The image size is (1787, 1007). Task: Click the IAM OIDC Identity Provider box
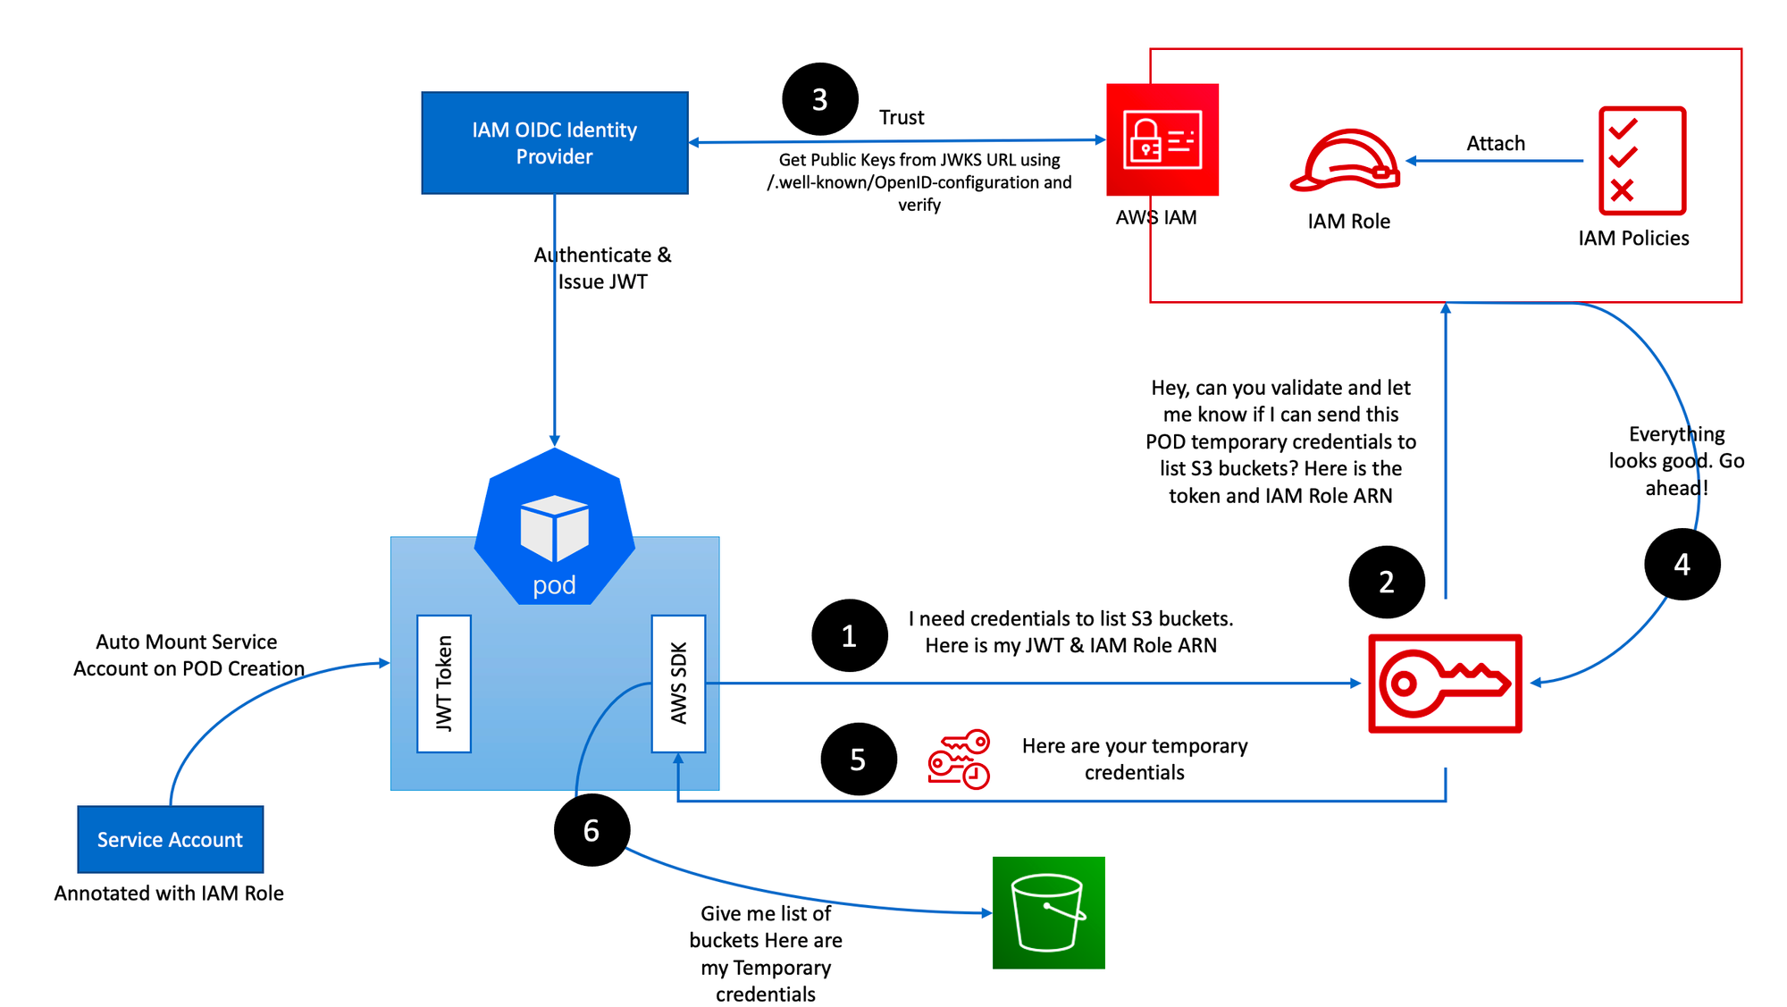pyautogui.click(x=555, y=143)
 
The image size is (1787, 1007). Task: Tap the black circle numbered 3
pyautogui.click(x=819, y=99)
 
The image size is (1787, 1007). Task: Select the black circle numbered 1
pyautogui.click(x=850, y=635)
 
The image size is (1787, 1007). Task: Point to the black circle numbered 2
pyautogui.click(x=1387, y=582)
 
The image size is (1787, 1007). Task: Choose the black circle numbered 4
pyautogui.click(x=1682, y=564)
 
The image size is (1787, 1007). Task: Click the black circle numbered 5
pyautogui.click(x=859, y=759)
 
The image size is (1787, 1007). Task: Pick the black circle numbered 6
pyautogui.click(x=591, y=830)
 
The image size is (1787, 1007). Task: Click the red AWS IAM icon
pyautogui.click(x=1162, y=139)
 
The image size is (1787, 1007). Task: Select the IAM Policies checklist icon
pyautogui.click(x=1642, y=161)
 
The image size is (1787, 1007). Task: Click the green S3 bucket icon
pyautogui.click(x=1049, y=912)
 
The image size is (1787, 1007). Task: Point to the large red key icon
pyautogui.click(x=1445, y=684)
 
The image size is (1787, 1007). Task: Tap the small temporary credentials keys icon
pyautogui.click(x=959, y=759)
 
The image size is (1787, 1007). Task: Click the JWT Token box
pyautogui.click(x=444, y=684)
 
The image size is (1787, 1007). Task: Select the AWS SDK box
pyautogui.click(x=679, y=684)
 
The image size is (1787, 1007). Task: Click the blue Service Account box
pyautogui.click(x=171, y=839)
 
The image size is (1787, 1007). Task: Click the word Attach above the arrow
pyautogui.click(x=1496, y=143)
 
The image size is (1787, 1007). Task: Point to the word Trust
pyautogui.click(x=902, y=117)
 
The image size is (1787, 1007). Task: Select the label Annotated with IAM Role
pyautogui.click(x=169, y=893)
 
